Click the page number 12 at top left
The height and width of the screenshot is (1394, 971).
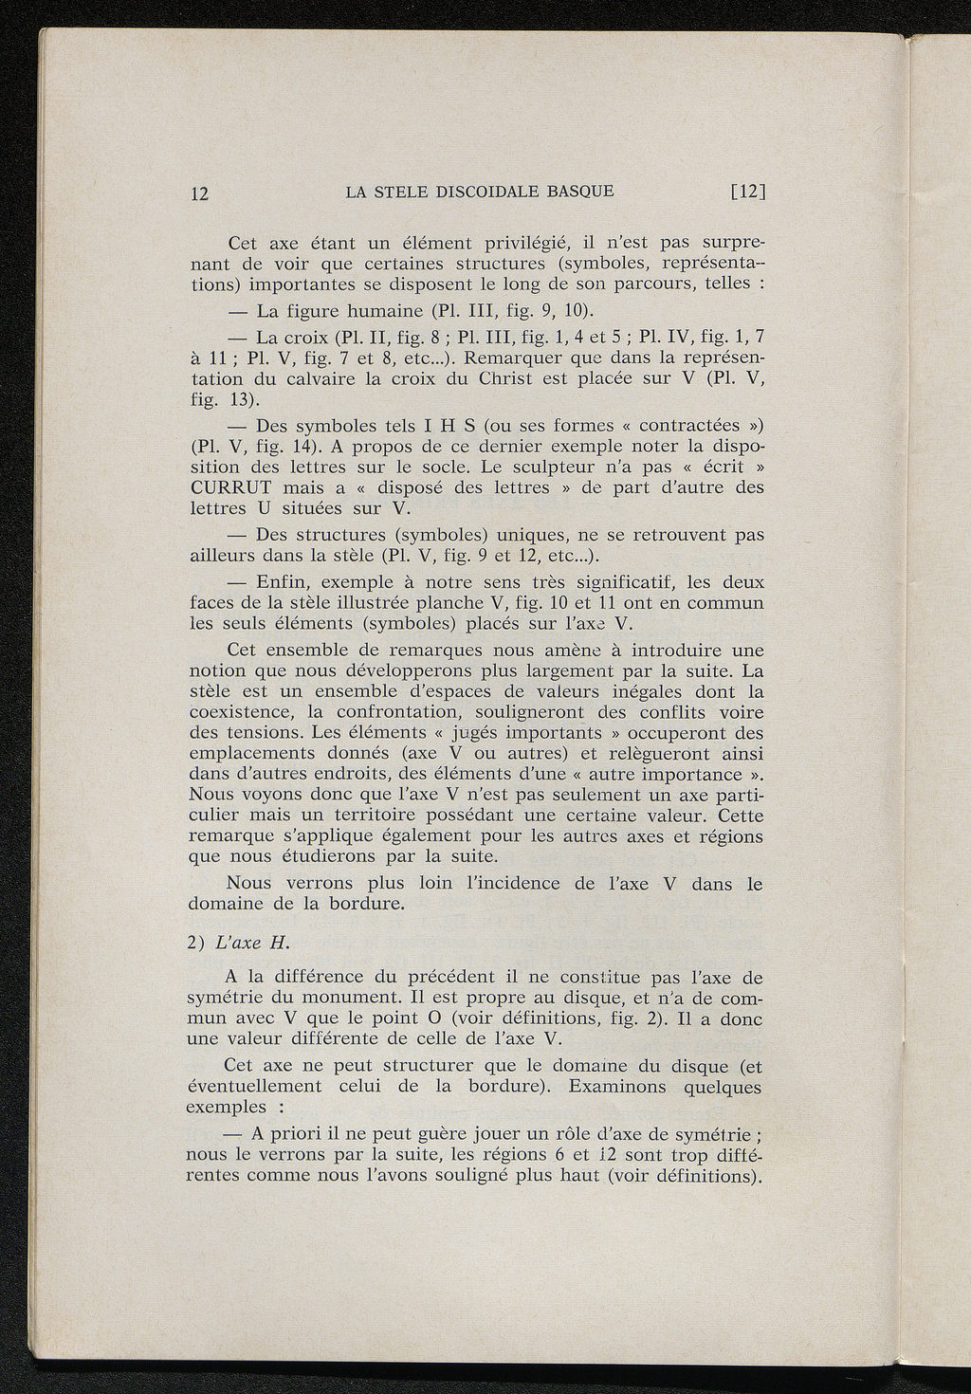[x=199, y=193]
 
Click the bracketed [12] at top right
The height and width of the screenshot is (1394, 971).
[x=748, y=192]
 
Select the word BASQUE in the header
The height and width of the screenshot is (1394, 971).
[x=579, y=192]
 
